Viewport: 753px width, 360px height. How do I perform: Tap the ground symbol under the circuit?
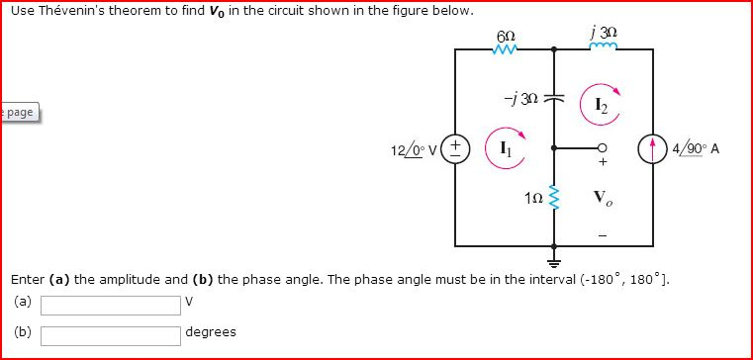pyautogui.click(x=554, y=265)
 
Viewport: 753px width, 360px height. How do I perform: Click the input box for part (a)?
pyautogui.click(x=110, y=301)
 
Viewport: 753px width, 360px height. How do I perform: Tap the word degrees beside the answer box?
pyautogui.click(x=211, y=331)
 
